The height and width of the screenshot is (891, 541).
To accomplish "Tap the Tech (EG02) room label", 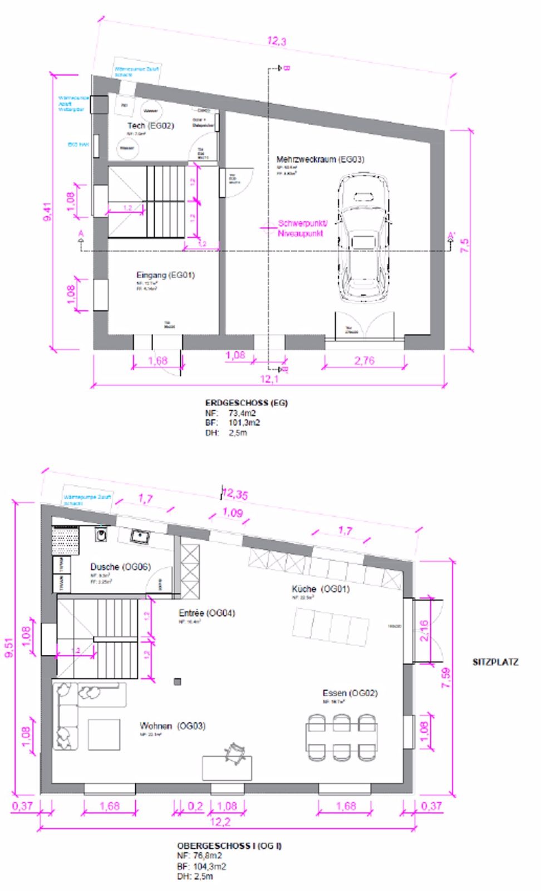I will point(150,126).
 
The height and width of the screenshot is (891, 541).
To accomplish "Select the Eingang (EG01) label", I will point(165,275).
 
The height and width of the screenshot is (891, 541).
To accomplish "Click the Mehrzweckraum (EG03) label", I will point(320,159).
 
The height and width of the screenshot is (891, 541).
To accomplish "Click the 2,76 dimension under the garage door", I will point(364,360).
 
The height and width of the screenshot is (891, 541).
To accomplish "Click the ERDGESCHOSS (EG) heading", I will point(246,403).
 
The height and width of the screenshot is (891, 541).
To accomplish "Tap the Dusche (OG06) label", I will point(120,567).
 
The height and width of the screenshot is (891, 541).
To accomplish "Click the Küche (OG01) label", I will point(321,589).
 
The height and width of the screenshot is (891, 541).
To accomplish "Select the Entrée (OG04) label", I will point(206,613).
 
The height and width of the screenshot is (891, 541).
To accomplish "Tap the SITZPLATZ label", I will point(495,662).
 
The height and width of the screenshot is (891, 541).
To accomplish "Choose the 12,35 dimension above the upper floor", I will point(235,494).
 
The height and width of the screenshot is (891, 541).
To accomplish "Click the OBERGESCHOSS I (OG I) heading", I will point(229,845).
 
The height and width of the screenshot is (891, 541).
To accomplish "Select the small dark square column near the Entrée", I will point(178,681).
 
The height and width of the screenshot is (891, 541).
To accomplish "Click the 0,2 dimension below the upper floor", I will point(195,806).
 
